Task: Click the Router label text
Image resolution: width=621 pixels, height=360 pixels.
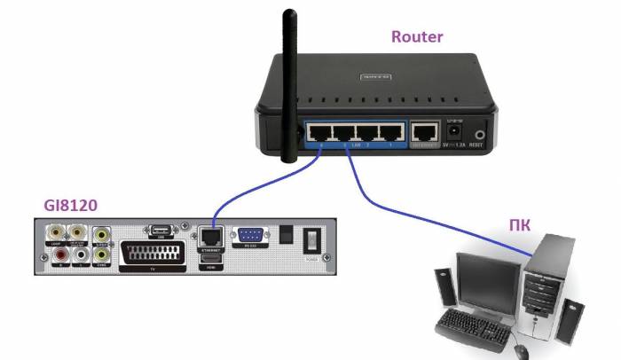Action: tap(417, 37)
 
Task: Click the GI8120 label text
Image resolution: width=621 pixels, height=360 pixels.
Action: tap(70, 206)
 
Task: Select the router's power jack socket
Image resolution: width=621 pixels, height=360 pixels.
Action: tap(455, 133)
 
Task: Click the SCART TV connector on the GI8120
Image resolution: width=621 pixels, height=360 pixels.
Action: tap(153, 252)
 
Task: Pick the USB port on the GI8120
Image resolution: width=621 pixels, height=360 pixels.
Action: tap(160, 230)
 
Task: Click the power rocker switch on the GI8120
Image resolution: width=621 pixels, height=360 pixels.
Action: tap(311, 242)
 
